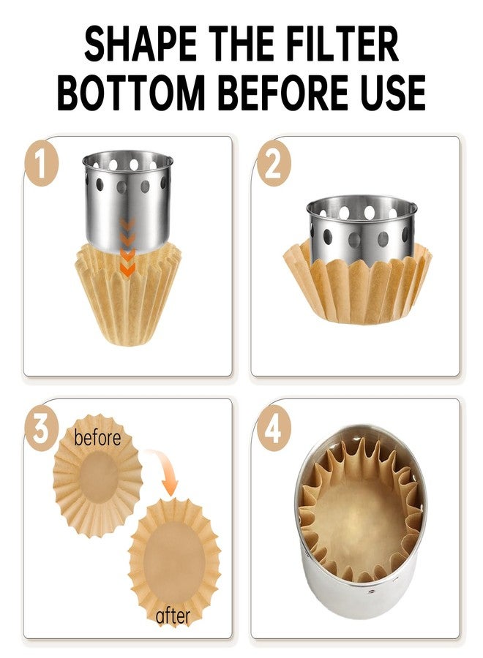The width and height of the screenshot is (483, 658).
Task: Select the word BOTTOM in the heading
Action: [130, 92]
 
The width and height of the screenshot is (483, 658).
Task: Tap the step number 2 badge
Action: [274, 164]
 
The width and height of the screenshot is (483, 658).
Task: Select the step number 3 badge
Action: [41, 429]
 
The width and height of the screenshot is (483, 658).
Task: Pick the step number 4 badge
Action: [274, 429]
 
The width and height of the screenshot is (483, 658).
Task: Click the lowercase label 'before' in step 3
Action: [97, 437]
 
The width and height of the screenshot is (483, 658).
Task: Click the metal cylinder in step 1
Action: [127, 203]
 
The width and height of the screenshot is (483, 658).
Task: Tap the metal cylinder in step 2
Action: [362, 229]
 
